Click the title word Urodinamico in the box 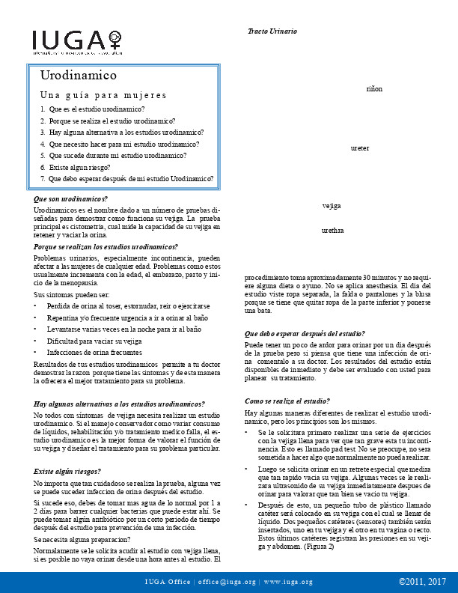tap(79, 76)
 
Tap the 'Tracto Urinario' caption tap(272, 31)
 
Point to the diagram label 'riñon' tap(374, 88)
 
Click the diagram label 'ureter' tap(360, 148)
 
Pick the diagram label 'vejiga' tap(332, 205)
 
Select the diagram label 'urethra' tap(332, 231)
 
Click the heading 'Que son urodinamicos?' tap(71, 199)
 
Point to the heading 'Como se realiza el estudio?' tap(287, 401)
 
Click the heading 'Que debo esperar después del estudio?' tap(305, 333)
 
